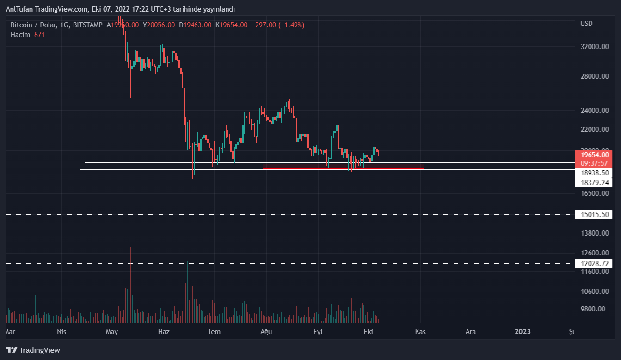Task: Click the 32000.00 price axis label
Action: pos(593,47)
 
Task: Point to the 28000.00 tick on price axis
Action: pos(593,76)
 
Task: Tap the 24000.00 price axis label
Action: pos(593,111)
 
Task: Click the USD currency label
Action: pos(586,24)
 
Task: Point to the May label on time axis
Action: pos(112,332)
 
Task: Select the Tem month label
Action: pos(214,332)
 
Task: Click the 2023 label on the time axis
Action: pos(523,332)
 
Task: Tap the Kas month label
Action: pos(420,332)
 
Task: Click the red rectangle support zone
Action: pos(343,166)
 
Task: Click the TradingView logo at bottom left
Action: pos(33,350)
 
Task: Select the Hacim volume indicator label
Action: pos(20,35)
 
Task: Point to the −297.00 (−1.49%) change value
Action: pos(277,25)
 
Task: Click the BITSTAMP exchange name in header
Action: pos(88,25)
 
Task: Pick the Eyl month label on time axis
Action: pos(318,332)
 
